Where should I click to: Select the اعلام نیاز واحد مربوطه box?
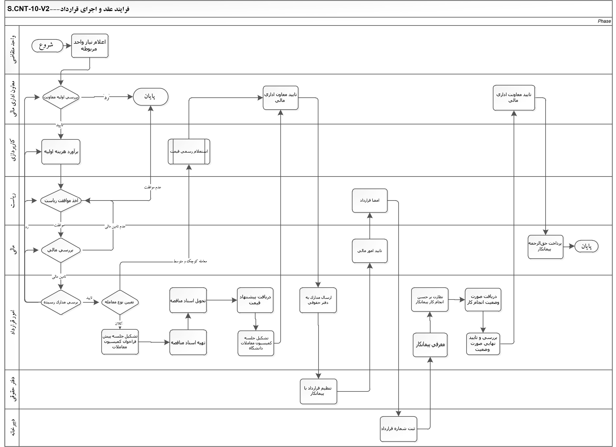[90, 46]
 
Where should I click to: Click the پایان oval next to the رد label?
[150, 96]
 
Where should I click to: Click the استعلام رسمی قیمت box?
[189, 152]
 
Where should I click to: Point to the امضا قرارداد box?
[369, 201]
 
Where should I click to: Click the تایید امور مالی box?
[369, 251]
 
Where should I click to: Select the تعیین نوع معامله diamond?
[120, 302]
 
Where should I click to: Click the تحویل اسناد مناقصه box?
[188, 300]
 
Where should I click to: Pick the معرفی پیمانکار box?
[430, 345]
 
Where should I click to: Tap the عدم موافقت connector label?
[153, 187]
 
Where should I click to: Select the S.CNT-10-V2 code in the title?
[28, 9]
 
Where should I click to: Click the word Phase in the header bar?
[604, 21]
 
